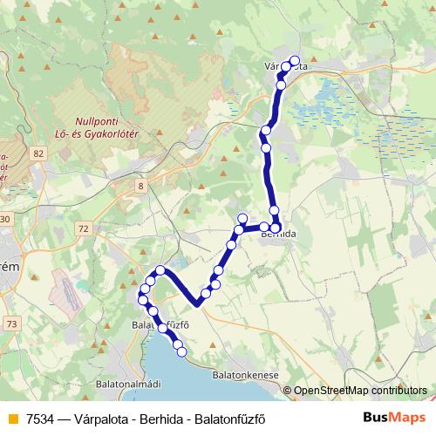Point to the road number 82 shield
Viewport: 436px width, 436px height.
pyautogui.click(x=37, y=153)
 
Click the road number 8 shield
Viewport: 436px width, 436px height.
pyautogui.click(x=140, y=186)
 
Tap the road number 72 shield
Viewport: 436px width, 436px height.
pyautogui.click(x=83, y=228)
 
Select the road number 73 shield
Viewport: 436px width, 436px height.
pyautogui.click(x=10, y=324)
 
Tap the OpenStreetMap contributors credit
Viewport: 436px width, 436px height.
pyautogui.click(x=360, y=392)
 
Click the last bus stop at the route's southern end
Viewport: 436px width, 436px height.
pyautogui.click(x=181, y=351)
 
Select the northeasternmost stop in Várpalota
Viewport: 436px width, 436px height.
pyautogui.click(x=295, y=61)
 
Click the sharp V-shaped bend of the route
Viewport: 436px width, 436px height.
pyautogui.click(x=199, y=303)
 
